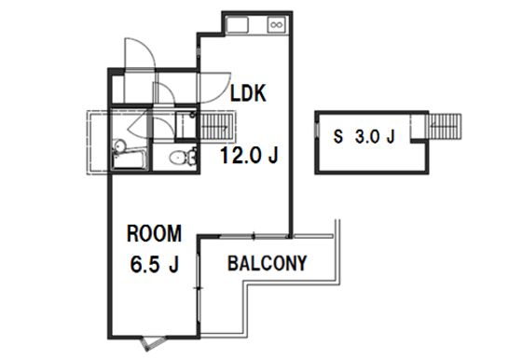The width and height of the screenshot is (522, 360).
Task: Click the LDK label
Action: coord(248,93)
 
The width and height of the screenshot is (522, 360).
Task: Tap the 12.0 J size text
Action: coord(249,155)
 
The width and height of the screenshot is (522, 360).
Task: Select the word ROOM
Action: coord(154,233)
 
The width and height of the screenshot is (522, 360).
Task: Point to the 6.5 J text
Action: coord(155,264)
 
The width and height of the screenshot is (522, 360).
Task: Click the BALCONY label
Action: coord(267,263)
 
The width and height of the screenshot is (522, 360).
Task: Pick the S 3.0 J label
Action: coord(364,136)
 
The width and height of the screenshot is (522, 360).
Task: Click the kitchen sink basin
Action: coord(237,25)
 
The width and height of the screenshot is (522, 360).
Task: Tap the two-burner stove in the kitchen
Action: coord(276,25)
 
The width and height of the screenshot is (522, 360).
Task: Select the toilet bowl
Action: coord(182,157)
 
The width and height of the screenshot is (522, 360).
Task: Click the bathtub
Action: coord(130,160)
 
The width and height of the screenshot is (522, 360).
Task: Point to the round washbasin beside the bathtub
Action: coord(119,145)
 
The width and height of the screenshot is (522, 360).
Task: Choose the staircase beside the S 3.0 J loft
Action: coord(444,127)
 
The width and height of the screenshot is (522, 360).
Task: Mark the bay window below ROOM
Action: coord(153,343)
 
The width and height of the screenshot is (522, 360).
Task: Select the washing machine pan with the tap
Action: coord(185,125)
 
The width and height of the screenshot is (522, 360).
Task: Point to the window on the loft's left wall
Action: coord(317,130)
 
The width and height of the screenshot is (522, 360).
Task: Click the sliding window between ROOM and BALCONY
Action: coord(199,288)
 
